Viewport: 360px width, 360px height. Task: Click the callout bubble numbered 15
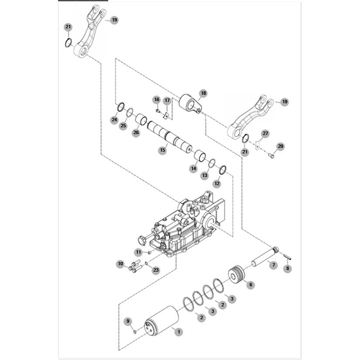(162, 150)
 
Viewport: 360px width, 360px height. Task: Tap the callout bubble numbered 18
(203, 93)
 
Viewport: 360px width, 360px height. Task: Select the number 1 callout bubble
(178, 332)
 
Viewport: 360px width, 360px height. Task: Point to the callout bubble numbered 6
(250, 285)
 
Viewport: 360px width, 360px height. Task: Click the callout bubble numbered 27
(265, 133)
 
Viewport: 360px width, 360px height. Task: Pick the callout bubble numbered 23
(156, 270)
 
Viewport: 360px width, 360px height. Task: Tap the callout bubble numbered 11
(138, 252)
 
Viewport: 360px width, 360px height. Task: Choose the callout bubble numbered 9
(128, 321)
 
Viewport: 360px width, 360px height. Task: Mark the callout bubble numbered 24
(114, 120)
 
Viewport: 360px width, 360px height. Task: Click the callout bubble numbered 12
(217, 184)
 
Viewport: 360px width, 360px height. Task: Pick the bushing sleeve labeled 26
(141, 119)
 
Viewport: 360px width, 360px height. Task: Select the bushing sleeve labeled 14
(200, 155)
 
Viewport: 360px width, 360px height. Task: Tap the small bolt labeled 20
(270, 155)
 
